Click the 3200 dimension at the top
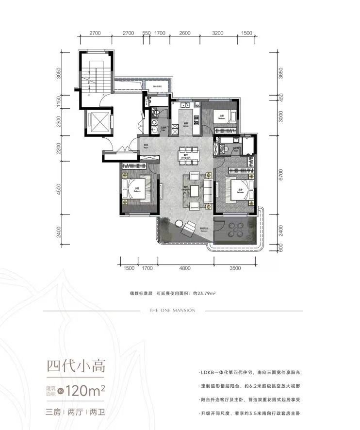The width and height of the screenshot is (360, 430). pyautogui.click(x=217, y=33)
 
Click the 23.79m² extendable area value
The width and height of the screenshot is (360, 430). pyautogui.click(x=206, y=294)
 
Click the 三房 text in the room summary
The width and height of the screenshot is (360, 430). pyautogui.click(x=52, y=414)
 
